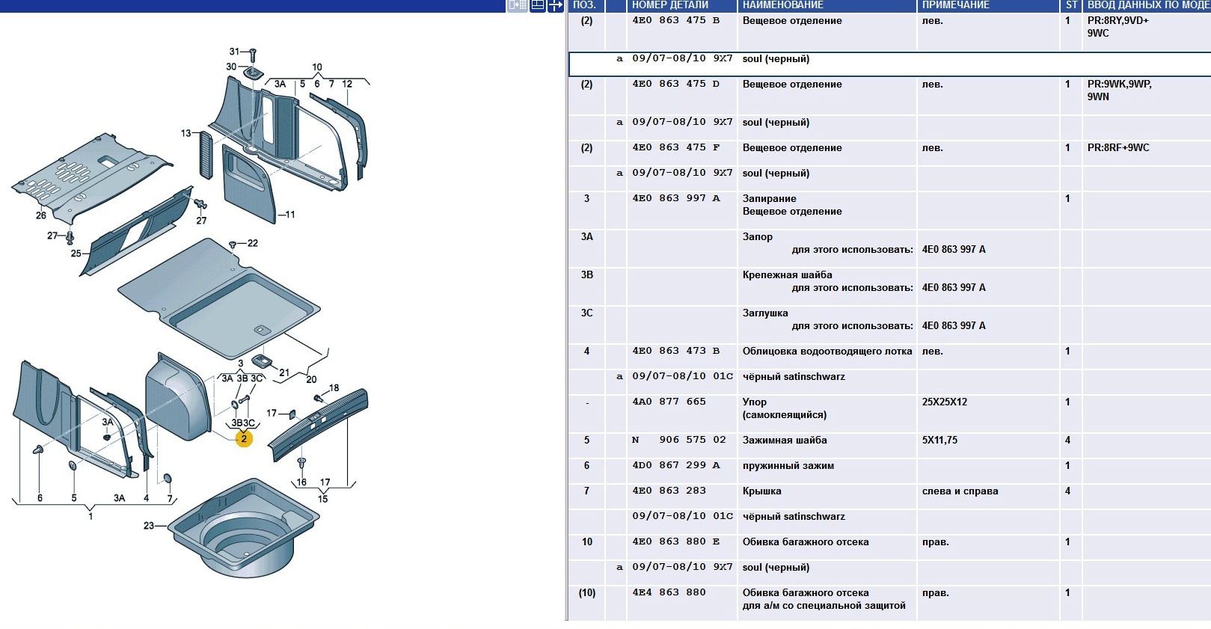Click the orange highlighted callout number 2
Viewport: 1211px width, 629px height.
point(244,439)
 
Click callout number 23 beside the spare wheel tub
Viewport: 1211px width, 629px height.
point(149,526)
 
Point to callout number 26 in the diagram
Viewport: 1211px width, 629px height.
point(41,215)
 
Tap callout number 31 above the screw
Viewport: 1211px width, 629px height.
point(235,52)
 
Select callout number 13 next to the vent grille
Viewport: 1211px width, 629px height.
point(186,133)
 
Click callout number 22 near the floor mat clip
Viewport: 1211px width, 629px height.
point(253,243)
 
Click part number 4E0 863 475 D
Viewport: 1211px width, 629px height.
point(675,84)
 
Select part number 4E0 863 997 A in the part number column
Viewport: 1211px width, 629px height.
point(675,198)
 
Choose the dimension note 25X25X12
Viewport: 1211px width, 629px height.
point(944,402)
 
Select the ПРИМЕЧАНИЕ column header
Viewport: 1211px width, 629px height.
point(955,5)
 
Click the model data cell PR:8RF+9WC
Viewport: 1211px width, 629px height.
point(1118,147)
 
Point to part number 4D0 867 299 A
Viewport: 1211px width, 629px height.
point(675,465)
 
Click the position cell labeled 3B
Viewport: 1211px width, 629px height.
point(587,274)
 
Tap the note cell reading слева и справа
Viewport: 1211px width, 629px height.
point(960,491)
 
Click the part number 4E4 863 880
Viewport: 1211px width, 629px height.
point(669,592)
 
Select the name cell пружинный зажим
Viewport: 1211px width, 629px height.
point(788,466)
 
